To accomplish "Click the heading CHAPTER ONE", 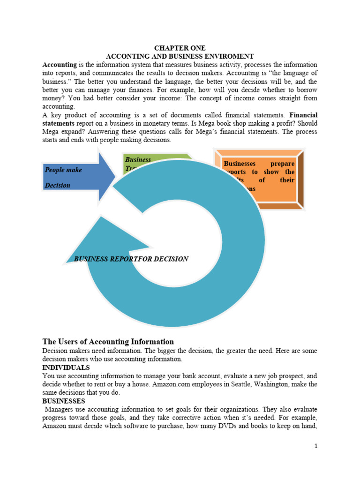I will tap(180, 48).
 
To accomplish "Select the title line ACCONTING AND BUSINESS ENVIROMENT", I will tap(180, 56).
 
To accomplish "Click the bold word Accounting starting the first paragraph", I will tap(60, 64).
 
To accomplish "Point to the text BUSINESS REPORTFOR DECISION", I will tap(131, 259).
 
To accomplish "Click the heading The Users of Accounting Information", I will tap(108, 342).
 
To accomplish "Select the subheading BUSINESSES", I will tap(64, 401).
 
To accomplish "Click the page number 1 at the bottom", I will tap(316, 446).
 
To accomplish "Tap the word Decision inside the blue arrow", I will tap(58, 186).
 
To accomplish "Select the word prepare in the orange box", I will tap(283, 164).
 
